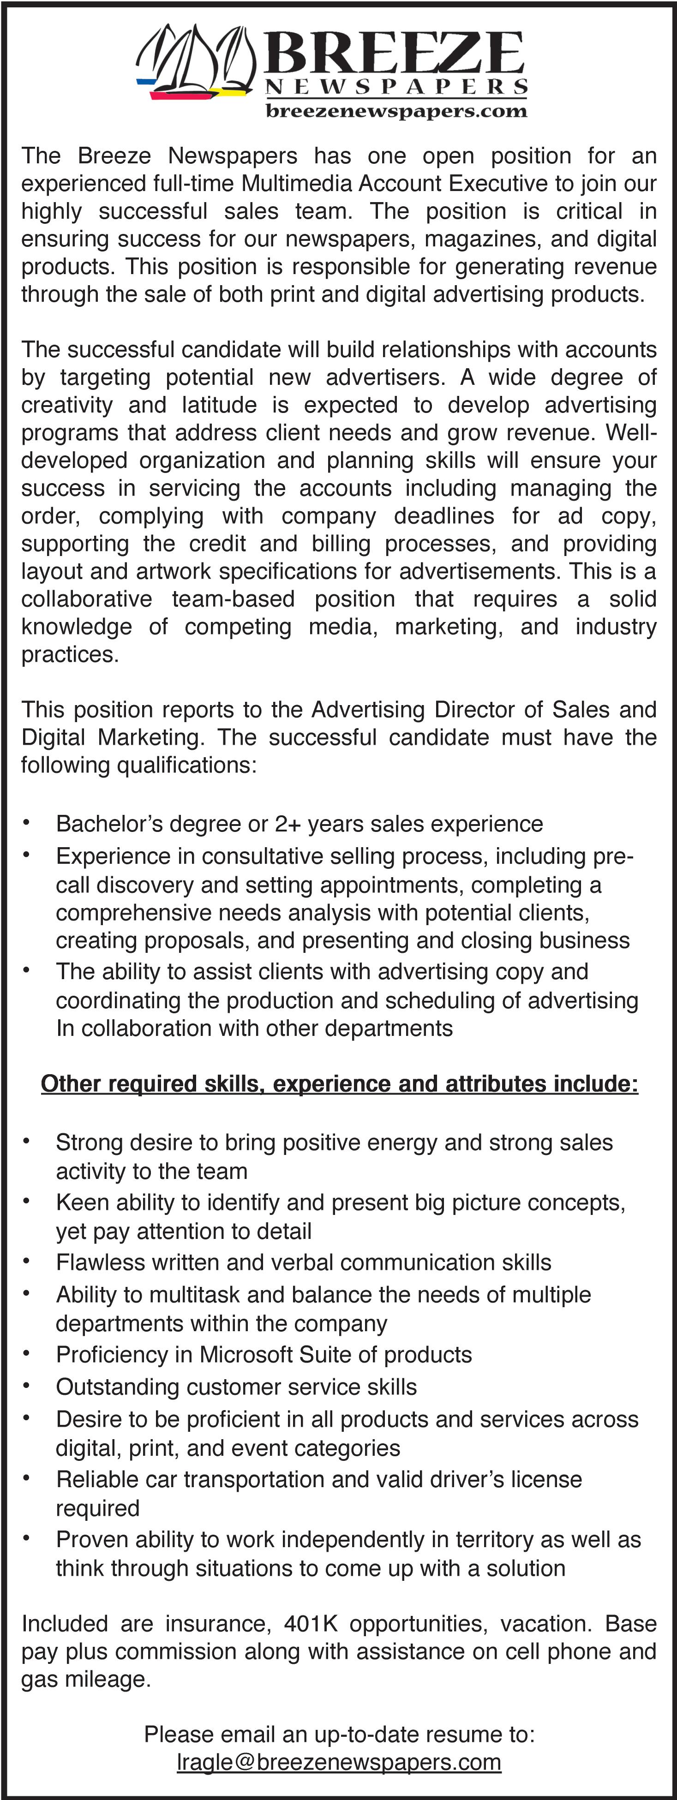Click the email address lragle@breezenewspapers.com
pos(339,1762)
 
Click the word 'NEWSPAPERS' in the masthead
pos(396,87)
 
